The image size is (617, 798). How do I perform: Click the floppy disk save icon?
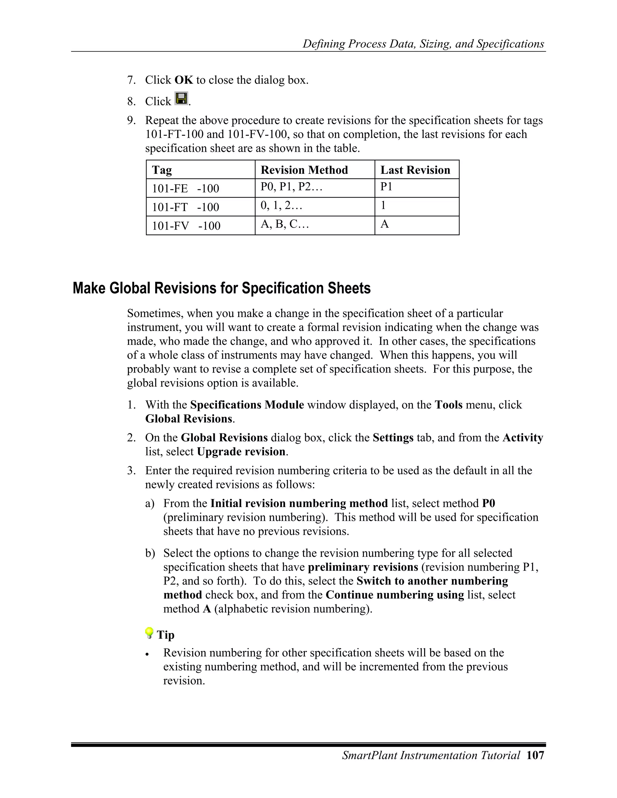coord(181,99)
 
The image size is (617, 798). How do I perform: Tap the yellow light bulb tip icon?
coord(149,633)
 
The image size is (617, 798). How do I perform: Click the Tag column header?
coord(162,170)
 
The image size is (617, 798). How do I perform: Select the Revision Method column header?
coord(304,170)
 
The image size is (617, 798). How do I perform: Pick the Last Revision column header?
coord(415,170)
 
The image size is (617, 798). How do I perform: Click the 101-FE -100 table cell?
coord(185,189)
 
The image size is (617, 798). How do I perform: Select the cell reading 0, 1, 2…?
coord(281,206)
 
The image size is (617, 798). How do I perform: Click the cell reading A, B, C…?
coord(285,224)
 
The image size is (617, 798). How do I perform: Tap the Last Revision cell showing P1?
coord(386,187)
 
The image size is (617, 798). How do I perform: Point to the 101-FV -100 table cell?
coord(186,226)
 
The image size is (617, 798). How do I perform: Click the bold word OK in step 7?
coord(183,80)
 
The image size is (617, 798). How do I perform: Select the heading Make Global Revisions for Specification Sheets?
coord(221,288)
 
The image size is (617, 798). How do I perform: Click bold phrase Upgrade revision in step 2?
coord(241,452)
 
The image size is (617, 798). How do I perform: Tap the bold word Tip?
coord(166,635)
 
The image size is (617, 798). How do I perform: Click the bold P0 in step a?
coord(488,503)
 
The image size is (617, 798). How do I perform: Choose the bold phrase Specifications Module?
coord(247,405)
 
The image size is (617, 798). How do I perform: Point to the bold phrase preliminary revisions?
coord(363,567)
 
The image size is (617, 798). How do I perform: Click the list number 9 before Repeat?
coord(131,120)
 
